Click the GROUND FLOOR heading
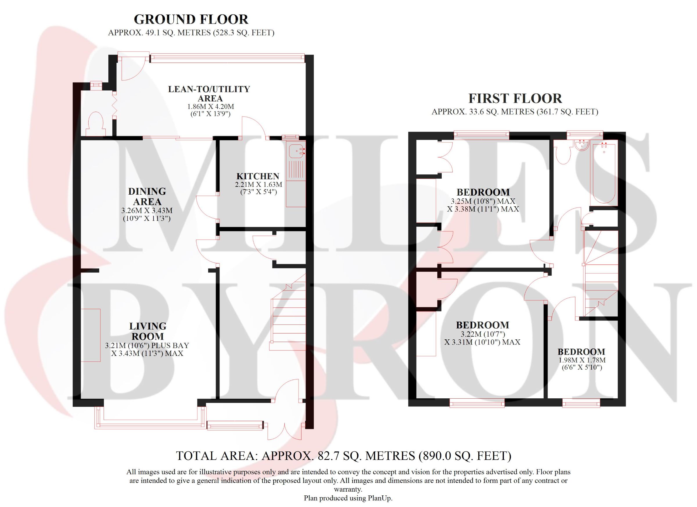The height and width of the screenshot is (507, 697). pos(191,19)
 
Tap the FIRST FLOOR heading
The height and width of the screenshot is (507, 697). pos(515,98)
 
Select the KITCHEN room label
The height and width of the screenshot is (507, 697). pos(258,176)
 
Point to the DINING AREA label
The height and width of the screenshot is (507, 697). pos(147,196)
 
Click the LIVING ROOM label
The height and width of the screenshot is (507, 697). pos(147,331)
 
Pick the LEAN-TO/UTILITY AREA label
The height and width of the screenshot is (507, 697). pos(209,94)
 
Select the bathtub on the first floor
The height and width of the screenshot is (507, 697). pos(604,174)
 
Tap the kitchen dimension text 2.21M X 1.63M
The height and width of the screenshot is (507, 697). pos(258,185)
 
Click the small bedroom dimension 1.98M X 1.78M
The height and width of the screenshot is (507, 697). pos(581,360)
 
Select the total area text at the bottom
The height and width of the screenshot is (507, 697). pos(344,456)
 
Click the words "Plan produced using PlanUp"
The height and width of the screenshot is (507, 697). pos(348,498)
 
